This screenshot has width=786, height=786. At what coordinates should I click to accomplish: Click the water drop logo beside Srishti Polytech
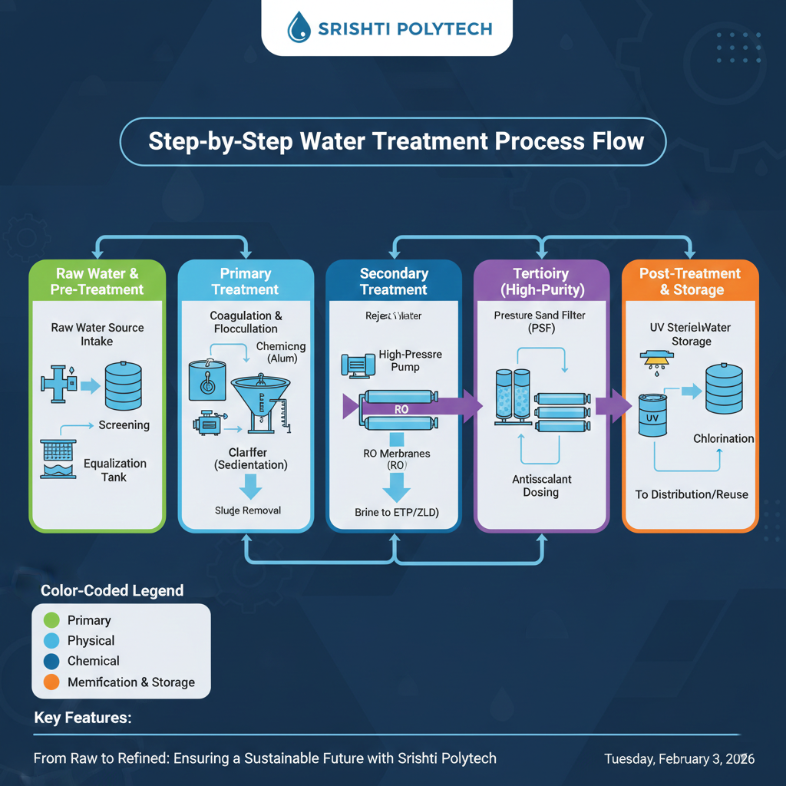(x=299, y=29)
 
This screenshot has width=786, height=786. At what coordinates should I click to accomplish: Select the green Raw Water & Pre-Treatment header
(x=97, y=282)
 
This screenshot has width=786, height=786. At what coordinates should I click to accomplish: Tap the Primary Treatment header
(x=246, y=282)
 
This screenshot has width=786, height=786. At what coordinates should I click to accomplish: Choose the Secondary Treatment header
(x=394, y=282)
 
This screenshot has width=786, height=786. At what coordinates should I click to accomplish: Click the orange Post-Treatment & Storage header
(x=690, y=282)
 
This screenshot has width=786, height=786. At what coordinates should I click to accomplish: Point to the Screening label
(x=124, y=425)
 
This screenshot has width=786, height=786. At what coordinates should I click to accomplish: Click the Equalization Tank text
(x=115, y=470)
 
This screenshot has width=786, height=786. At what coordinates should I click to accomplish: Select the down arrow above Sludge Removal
(x=250, y=487)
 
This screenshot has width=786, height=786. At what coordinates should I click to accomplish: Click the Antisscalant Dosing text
(x=541, y=485)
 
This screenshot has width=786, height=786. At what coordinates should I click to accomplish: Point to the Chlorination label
(x=723, y=439)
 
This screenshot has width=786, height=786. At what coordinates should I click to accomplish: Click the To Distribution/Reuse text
(x=691, y=494)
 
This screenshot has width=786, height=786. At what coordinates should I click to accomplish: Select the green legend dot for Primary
(x=52, y=620)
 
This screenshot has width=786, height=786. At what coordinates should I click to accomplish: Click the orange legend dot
(x=52, y=682)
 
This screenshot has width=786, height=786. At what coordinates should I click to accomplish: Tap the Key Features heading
(x=83, y=718)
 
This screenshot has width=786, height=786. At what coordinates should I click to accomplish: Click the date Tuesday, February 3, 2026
(x=679, y=759)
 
